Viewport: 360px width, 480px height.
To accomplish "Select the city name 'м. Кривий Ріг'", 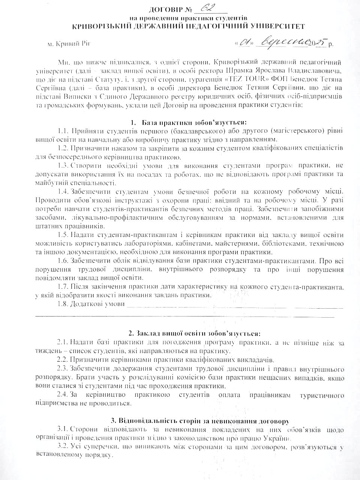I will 70,44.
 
